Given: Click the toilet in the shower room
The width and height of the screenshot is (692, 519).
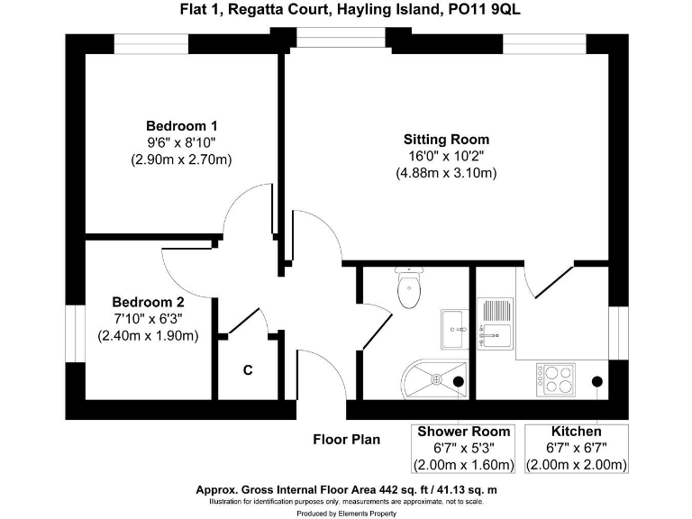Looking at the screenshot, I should (409, 288).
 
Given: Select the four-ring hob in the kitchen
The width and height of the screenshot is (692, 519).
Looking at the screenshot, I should (556, 377).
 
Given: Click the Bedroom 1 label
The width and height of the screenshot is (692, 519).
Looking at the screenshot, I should (181, 126).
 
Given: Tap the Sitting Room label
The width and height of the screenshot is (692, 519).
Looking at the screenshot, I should (446, 140).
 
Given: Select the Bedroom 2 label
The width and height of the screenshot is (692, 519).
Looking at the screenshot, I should (148, 303).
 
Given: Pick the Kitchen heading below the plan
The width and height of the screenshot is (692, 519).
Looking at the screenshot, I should (576, 432).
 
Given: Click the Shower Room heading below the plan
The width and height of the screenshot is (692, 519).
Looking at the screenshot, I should (463, 432).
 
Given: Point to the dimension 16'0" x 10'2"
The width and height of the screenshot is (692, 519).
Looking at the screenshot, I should (446, 156).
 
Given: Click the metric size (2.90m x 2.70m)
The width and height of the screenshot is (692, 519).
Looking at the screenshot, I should (181, 159).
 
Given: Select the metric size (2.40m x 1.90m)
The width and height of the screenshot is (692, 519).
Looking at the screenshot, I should (148, 335).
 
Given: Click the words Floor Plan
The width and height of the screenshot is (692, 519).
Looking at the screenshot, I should (346, 440).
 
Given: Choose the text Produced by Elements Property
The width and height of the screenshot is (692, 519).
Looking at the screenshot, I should (346, 513).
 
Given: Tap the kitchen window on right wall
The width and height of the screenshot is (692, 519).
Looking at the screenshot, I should (618, 333).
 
